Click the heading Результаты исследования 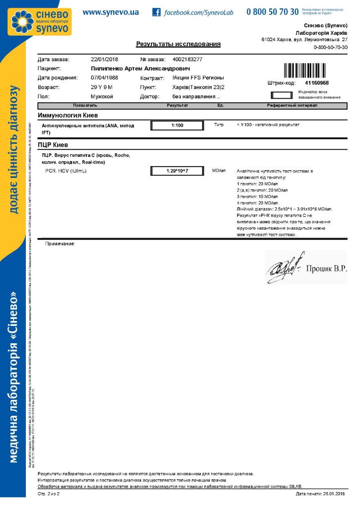pos(178,45)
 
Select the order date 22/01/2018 pos(104,60)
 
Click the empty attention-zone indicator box pos(282,94)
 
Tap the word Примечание pos(60,244)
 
